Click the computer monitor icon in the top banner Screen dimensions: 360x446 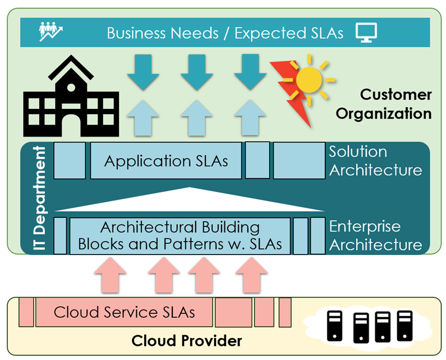pyautogui.click(x=366, y=33)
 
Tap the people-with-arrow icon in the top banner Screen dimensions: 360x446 pyautogui.click(x=52, y=32)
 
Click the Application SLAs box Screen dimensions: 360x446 pyautogui.click(x=166, y=161)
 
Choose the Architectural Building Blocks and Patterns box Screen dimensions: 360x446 pyautogui.click(x=180, y=236)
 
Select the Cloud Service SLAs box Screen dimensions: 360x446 pyautogui.click(x=124, y=312)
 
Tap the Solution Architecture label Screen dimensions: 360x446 pyautogui.click(x=375, y=161)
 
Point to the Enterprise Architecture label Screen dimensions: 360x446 pyautogui.click(x=375, y=236)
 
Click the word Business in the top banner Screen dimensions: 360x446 pyautogui.click(x=137, y=33)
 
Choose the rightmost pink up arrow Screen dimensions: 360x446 pyautogui.click(x=250, y=274)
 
